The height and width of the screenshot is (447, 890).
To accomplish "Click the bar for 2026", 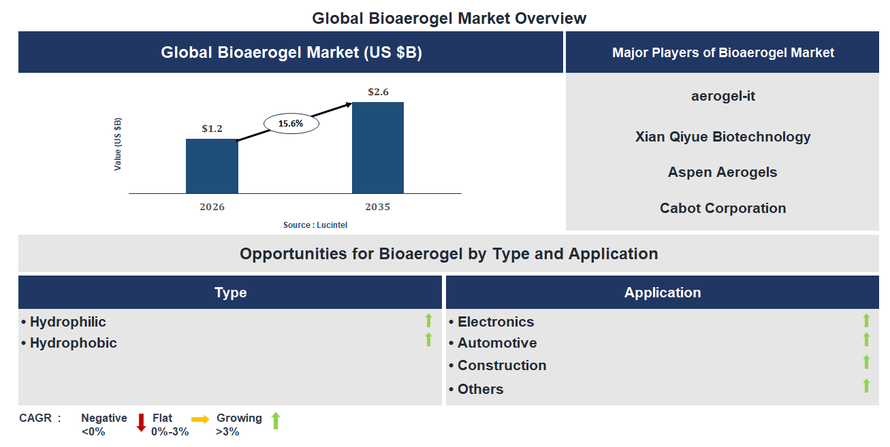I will [212, 166].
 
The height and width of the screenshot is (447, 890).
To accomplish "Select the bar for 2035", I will [378, 148].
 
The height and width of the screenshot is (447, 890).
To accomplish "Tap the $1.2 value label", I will [212, 128].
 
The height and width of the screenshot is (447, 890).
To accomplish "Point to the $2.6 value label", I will [378, 91].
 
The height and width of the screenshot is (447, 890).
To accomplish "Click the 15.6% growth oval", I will [291, 124].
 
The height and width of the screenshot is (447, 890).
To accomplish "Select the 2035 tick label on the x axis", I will [378, 207].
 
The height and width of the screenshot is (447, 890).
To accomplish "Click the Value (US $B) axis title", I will [118, 144].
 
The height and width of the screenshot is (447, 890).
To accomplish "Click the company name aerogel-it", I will [723, 96].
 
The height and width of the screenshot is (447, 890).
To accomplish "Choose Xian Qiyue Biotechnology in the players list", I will [722, 137].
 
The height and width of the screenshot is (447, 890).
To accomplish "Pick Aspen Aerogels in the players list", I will [722, 172].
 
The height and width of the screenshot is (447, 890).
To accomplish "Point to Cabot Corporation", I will [722, 208].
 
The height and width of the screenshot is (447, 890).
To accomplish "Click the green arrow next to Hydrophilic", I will [428, 320].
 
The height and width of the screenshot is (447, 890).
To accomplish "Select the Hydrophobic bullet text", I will [73, 343].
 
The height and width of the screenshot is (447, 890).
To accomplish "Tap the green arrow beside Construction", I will [866, 362].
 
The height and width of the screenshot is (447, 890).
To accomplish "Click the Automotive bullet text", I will [496, 343].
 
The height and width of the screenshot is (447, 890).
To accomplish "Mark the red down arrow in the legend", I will [141, 422].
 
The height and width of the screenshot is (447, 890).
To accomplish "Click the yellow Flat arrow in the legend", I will [200, 420].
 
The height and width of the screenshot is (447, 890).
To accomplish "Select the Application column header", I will [662, 293].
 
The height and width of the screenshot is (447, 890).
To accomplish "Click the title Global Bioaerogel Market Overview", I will [449, 18].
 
